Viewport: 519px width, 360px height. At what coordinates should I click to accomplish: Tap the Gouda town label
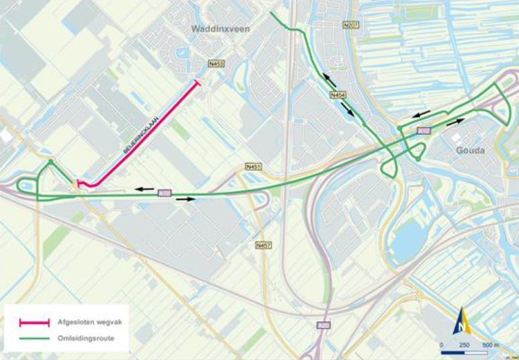tap(470, 150)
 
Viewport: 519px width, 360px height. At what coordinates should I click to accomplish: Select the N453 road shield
tap(216, 64)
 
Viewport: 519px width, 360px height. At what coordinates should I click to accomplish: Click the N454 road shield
tap(338, 96)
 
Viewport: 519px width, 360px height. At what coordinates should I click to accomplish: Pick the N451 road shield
tap(253, 166)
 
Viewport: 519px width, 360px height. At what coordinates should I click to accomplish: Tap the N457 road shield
tap(264, 246)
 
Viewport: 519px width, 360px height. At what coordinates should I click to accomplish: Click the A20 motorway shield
tap(324, 325)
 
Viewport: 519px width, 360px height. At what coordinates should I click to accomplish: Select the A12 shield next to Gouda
tap(423, 130)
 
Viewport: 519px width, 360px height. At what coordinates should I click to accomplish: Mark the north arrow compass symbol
tap(462, 321)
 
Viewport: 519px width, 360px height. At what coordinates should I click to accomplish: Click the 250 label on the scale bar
tap(464, 345)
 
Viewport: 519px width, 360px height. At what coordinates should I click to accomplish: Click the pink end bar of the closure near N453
tap(197, 83)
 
